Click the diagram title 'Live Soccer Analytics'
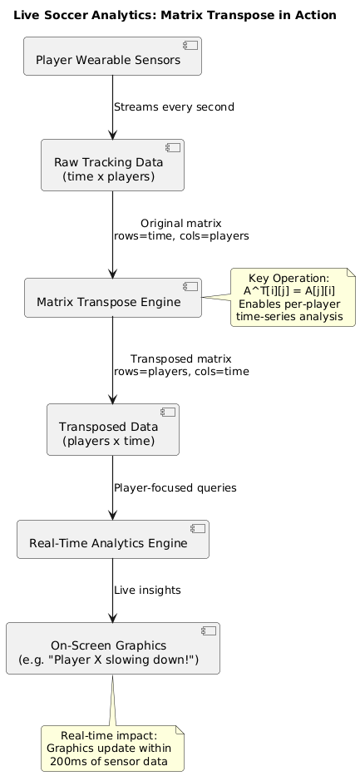pos(175,15)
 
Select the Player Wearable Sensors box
pos(112,57)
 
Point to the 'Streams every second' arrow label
pos(174,107)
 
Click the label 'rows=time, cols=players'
pos(181,236)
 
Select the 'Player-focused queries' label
pos(175,487)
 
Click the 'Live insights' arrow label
pos(147,590)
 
